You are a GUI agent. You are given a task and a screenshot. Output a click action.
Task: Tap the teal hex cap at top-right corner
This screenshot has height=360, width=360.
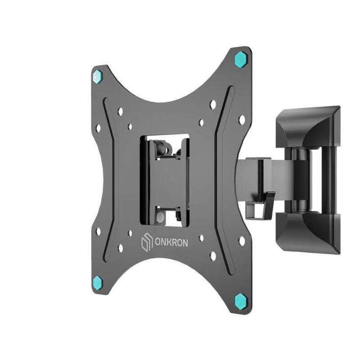241,58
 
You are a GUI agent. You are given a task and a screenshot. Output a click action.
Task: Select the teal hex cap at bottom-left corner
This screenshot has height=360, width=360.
100,283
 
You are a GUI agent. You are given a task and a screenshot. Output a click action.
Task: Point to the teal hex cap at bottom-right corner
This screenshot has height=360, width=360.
241,299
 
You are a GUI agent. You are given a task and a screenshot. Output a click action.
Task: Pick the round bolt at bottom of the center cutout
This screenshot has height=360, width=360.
160,218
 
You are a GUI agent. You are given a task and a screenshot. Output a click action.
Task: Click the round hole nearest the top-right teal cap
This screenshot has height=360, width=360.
213,104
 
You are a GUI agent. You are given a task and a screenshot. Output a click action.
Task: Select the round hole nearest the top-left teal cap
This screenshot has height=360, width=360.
120,111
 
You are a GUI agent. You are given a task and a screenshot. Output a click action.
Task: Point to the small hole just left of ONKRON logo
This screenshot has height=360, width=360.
130,233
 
